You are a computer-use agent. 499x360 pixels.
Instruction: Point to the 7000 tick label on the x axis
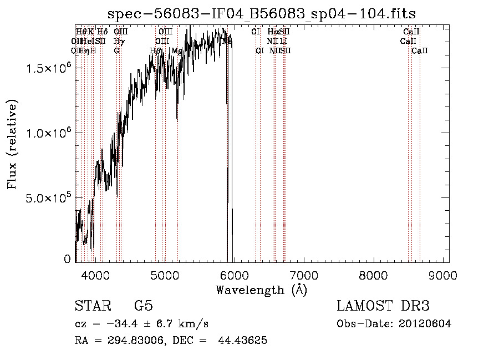(x=304, y=275)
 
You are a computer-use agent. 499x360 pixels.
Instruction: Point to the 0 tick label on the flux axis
(x=67, y=259)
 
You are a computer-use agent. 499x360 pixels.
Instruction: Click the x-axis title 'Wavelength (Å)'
(x=262, y=290)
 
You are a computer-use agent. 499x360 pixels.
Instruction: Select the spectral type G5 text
(x=143, y=306)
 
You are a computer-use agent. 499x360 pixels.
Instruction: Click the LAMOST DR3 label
(x=383, y=306)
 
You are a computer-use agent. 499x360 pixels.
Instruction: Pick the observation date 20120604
(x=424, y=324)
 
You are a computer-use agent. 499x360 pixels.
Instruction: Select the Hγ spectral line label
(x=118, y=41)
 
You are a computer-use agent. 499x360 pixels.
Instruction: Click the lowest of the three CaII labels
(x=420, y=51)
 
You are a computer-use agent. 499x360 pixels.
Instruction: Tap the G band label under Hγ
(x=116, y=51)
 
